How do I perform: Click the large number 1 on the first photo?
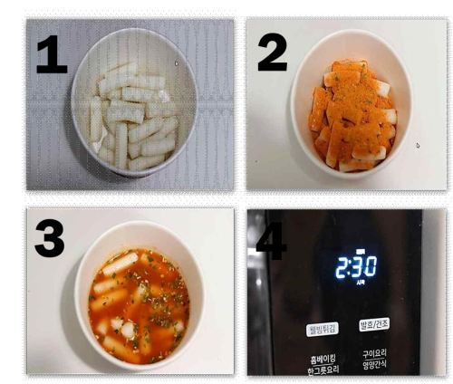[51, 54]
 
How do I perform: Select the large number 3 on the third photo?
[50, 238]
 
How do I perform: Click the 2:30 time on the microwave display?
[356, 266]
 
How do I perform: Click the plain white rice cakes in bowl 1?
[131, 118]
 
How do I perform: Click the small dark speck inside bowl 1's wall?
[176, 63]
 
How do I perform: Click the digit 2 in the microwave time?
[342, 266]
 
